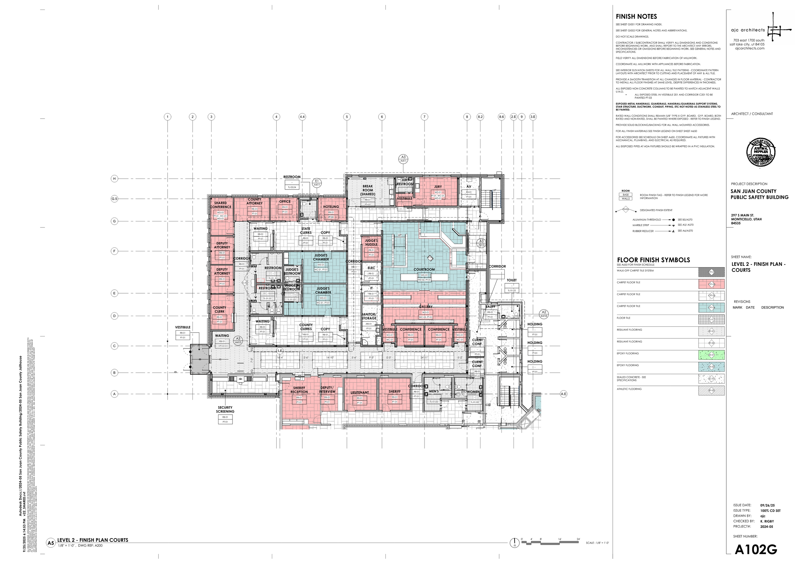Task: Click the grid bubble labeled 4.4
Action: (302, 117)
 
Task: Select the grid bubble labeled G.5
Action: (114, 199)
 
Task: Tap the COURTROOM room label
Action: (424, 270)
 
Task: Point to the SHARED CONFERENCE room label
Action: (220, 205)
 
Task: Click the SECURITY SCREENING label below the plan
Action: (225, 410)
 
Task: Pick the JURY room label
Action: (438, 187)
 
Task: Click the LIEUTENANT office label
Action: (360, 393)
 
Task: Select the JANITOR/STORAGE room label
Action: (369, 316)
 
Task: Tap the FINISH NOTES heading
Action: (636, 17)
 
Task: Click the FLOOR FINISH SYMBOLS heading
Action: (653, 260)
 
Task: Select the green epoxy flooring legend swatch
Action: (711, 355)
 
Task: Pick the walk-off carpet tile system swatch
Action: (711, 272)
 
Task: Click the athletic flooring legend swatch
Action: (711, 391)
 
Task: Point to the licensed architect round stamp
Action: (761, 152)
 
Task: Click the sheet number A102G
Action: (756, 550)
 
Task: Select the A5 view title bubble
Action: (51, 543)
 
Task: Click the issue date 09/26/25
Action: (767, 505)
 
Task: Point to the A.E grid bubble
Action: (563, 394)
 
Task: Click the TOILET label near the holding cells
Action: (511, 280)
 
